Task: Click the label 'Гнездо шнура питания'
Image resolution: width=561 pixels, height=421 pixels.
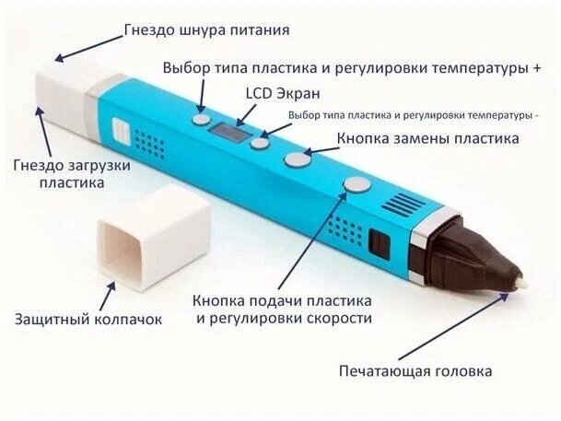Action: click(206, 29)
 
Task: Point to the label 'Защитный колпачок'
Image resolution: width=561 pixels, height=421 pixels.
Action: click(88, 320)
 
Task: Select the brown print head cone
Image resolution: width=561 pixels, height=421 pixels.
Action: click(470, 258)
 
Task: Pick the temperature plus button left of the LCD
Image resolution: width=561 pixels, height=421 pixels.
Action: click(201, 119)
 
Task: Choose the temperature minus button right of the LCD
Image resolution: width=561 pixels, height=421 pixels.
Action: click(261, 143)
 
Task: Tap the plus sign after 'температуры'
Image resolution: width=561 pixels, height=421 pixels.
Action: click(535, 69)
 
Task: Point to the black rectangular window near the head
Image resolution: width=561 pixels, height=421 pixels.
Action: click(378, 243)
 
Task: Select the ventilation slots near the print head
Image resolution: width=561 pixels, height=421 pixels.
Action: click(403, 205)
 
